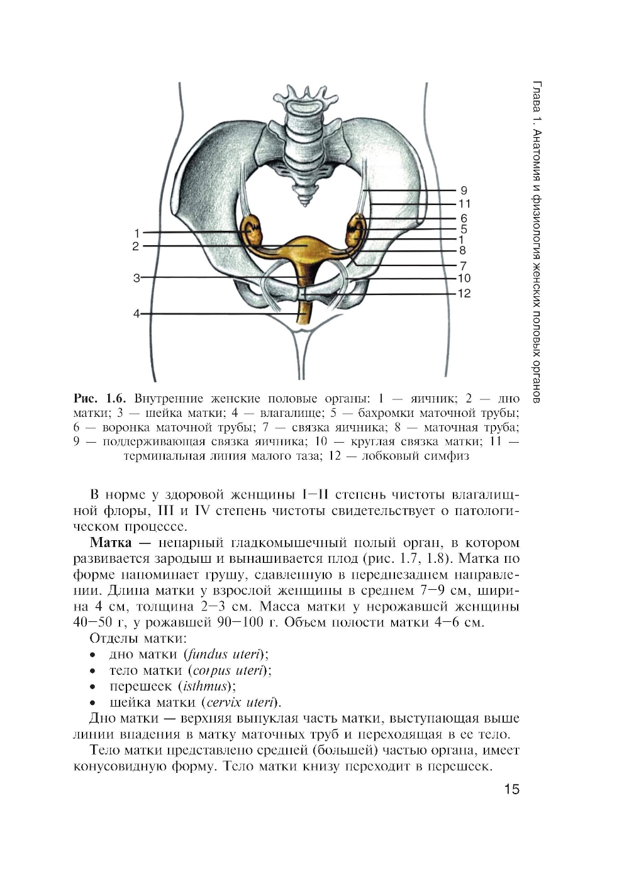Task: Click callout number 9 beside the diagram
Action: click(x=464, y=191)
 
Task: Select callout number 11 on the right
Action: click(x=464, y=204)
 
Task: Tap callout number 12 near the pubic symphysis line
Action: click(x=464, y=294)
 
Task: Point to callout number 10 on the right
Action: click(x=464, y=279)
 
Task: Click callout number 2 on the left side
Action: click(x=135, y=247)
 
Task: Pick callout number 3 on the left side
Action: click(x=136, y=277)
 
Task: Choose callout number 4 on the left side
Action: click(x=136, y=314)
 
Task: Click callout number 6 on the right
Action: click(x=464, y=219)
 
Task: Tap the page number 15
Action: click(x=511, y=789)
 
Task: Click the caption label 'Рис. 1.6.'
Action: click(x=100, y=399)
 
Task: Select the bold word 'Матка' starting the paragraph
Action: click(x=111, y=543)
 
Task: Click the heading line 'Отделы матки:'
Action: click(x=138, y=638)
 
